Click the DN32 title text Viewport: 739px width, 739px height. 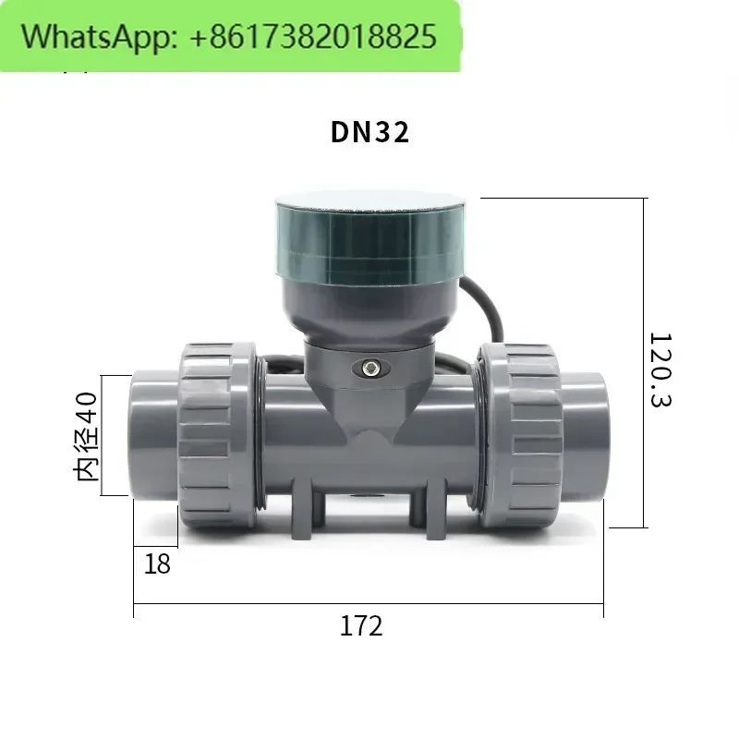click(370, 132)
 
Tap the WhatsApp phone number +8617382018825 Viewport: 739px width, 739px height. click(313, 37)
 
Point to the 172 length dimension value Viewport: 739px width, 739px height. click(361, 626)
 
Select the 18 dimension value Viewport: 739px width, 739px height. click(157, 563)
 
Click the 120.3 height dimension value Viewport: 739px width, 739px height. click(660, 369)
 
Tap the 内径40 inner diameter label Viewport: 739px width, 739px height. click(85, 436)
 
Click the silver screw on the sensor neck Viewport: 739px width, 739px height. click(370, 368)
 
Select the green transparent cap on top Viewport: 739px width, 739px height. click(370, 239)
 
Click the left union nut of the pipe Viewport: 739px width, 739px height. click(218, 435)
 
